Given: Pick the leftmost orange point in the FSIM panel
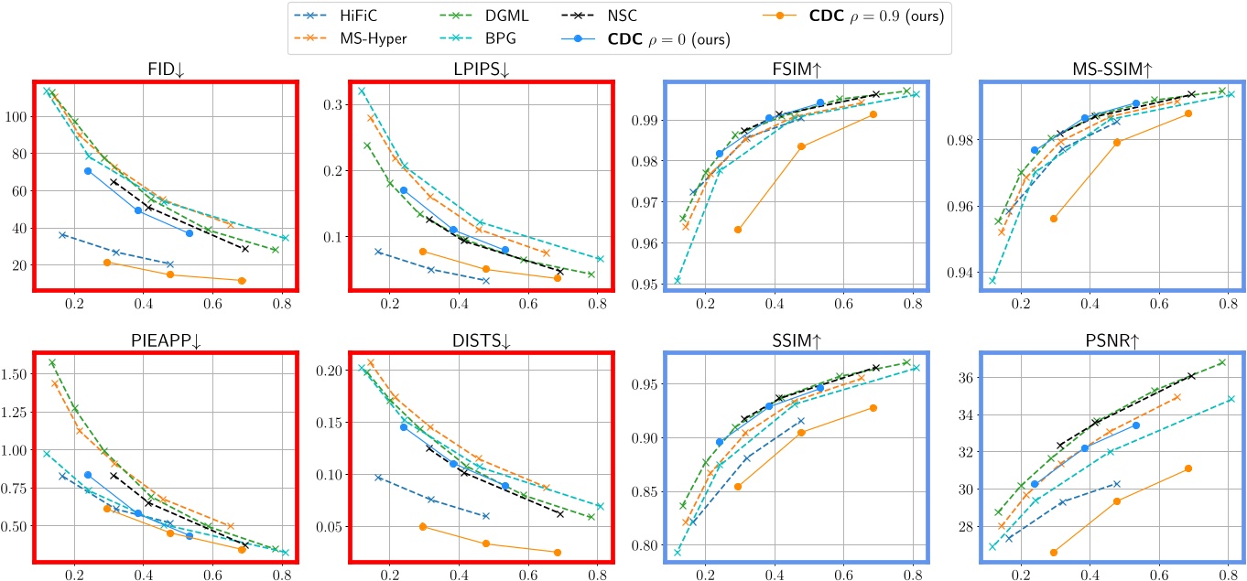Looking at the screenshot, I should point(738,230).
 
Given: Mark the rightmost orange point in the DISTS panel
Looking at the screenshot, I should point(558,552).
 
